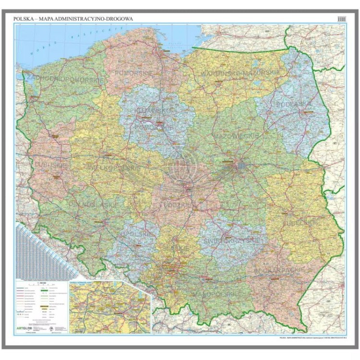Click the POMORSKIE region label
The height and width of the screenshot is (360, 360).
(134, 72)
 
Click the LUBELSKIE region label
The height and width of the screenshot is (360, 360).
(301, 222)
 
